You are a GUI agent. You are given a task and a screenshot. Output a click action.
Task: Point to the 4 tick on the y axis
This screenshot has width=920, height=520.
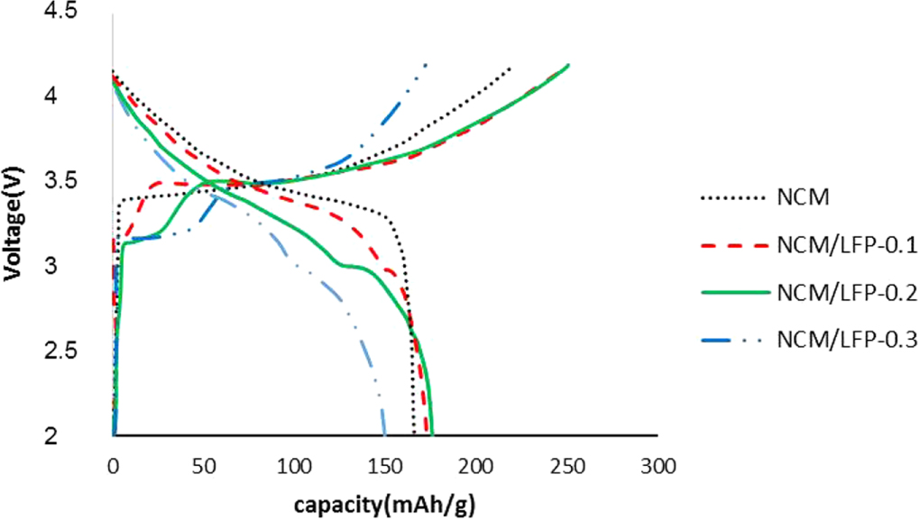77,95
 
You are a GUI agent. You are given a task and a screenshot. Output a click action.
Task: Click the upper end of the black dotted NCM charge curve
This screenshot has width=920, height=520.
511,68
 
